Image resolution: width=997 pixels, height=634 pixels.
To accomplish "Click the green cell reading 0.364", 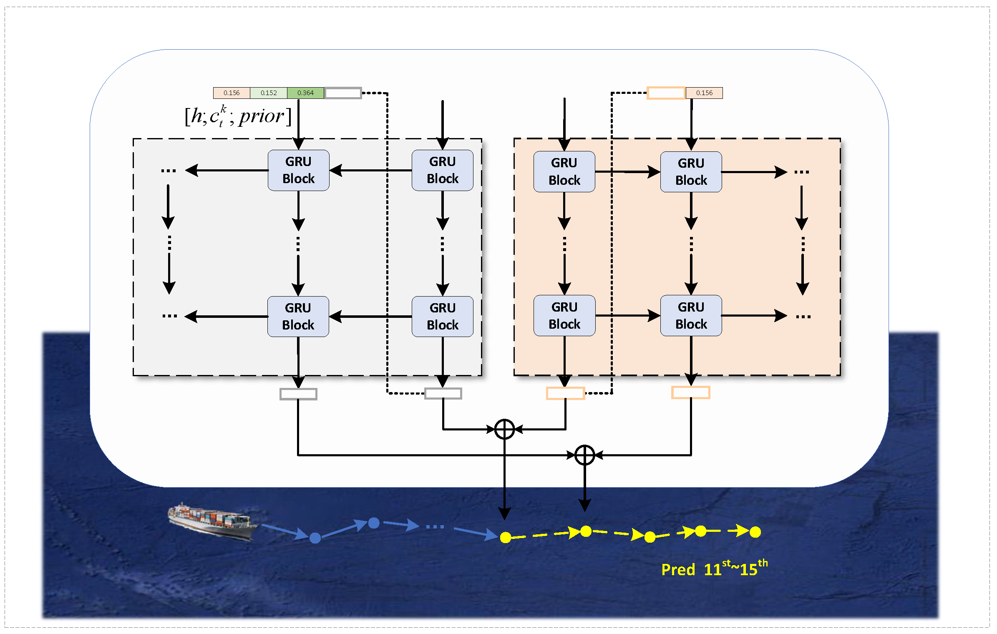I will [305, 93].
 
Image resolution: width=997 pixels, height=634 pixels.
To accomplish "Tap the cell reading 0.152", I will [269, 93].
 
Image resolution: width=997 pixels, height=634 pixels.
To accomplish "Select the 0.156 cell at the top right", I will [704, 93].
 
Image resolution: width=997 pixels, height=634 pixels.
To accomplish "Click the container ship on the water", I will [212, 521].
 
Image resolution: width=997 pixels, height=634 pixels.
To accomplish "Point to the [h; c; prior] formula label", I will [238, 116].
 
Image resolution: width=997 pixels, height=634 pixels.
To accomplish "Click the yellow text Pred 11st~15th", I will [714, 569].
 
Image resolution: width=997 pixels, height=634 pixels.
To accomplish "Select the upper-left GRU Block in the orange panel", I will [564, 171].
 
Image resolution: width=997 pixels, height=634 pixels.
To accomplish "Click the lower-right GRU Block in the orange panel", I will [691, 315].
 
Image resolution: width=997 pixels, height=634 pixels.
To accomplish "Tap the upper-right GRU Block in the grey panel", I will [442, 170].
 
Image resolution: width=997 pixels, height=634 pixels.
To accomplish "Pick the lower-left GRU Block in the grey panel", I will [298, 316].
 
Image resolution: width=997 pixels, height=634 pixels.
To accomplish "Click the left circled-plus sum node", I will [504, 429].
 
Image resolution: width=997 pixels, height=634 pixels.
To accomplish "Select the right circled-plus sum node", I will [584, 455].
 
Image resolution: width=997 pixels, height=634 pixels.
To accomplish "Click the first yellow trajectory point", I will [505, 537].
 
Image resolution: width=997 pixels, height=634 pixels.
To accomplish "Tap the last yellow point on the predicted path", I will [755, 532].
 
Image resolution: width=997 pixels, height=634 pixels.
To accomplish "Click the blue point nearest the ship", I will [315, 538].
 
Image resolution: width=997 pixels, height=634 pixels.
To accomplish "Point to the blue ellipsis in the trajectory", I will [435, 527].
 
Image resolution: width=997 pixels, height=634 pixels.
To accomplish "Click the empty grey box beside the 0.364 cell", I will [343, 93].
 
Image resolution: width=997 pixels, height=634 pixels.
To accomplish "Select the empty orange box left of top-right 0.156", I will [666, 93].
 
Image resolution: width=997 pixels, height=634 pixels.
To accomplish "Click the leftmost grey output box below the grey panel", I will [298, 394].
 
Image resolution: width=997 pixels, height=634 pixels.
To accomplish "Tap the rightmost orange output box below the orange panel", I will [690, 392].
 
